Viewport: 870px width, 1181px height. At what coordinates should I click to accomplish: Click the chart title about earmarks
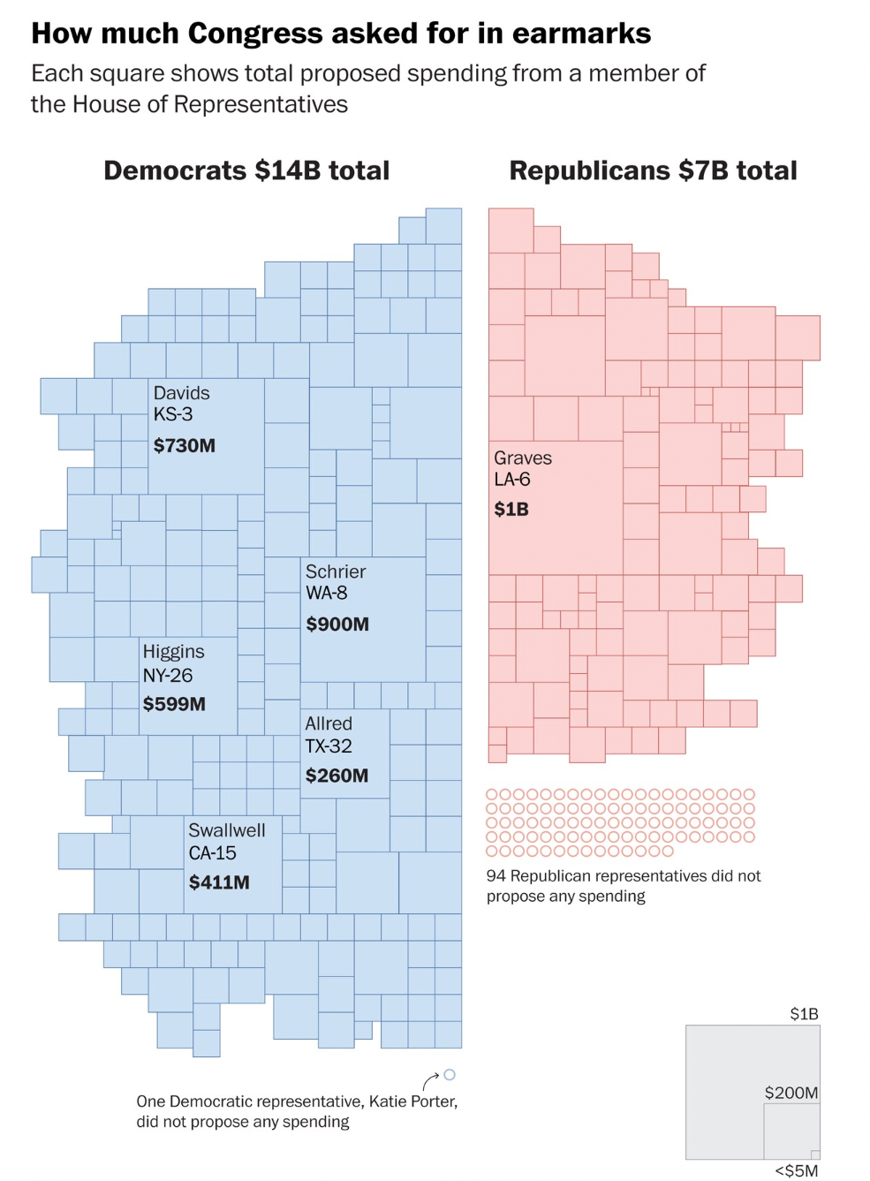[x=341, y=34]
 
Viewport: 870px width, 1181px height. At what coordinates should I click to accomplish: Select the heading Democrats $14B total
[x=246, y=170]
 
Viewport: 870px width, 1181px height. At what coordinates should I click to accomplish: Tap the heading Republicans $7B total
[x=653, y=170]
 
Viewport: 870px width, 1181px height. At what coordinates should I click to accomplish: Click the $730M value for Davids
[x=185, y=446]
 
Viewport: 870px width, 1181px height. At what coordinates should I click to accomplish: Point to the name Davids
[x=181, y=393]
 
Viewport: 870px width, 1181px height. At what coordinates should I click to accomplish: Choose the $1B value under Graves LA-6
[x=511, y=510]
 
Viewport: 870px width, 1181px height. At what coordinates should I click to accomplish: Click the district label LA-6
[x=512, y=480]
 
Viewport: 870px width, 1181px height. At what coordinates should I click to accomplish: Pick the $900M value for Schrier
[x=337, y=625]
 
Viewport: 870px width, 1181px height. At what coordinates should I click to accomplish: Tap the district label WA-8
[x=327, y=593]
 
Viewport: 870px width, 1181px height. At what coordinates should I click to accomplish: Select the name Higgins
[x=173, y=652]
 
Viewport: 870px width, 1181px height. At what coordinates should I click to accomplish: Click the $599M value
[x=174, y=704]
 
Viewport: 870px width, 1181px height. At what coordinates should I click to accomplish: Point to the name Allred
[x=329, y=723]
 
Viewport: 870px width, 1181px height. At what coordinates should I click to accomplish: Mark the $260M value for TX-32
[x=337, y=776]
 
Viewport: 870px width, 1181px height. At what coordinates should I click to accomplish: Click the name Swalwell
[x=226, y=830]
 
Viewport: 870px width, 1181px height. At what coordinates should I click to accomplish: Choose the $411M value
[x=219, y=882]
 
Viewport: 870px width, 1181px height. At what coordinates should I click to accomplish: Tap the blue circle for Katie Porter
[x=450, y=1075]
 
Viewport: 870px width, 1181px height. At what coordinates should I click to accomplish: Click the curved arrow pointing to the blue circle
[x=431, y=1080]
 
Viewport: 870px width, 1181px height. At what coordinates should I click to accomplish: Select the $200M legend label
[x=791, y=1093]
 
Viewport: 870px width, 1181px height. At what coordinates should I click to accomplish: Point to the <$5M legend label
[x=797, y=1170]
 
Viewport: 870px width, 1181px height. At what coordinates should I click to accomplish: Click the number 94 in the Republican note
[x=496, y=876]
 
